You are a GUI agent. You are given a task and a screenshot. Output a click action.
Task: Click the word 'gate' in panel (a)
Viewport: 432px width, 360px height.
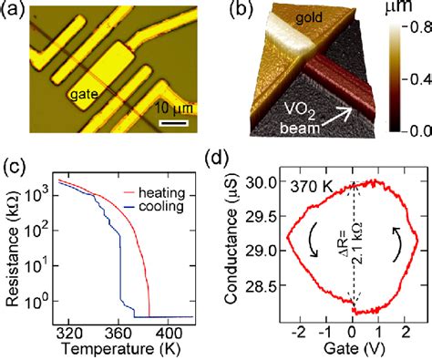click(84, 95)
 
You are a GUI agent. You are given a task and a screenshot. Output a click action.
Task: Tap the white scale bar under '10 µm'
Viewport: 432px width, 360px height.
click(173, 123)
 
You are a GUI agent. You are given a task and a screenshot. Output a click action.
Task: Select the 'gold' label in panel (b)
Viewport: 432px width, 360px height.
click(309, 18)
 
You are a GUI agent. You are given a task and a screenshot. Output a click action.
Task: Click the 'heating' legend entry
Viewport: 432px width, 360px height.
click(161, 193)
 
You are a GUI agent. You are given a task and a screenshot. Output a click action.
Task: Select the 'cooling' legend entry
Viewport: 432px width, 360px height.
click(161, 207)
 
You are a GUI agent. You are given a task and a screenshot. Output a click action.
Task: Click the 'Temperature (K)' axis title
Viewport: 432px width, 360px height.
click(120, 348)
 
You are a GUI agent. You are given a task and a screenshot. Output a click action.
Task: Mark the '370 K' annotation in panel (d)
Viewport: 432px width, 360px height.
click(307, 187)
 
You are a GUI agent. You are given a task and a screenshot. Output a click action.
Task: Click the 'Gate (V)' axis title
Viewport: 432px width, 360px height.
click(354, 348)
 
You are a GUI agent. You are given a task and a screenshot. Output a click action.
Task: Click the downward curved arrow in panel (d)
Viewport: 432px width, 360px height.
click(314, 240)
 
